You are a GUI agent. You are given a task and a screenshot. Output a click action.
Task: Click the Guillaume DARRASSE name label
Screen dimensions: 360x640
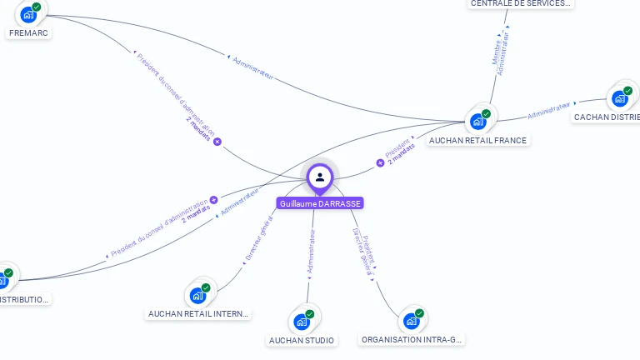320,203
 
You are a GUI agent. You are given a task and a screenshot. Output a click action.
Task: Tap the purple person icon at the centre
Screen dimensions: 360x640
320,177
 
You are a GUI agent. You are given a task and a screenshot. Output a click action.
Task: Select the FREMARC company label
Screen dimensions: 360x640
28,33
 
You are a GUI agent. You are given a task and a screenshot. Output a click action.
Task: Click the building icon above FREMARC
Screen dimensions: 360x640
29,14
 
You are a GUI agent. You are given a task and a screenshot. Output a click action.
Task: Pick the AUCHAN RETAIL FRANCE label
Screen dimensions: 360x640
477,141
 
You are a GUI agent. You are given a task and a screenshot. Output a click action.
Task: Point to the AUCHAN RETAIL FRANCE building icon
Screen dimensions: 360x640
478,121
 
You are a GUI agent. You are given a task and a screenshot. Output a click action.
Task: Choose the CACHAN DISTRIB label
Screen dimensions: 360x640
607,117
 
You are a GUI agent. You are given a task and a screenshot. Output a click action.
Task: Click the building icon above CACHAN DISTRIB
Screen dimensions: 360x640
620,98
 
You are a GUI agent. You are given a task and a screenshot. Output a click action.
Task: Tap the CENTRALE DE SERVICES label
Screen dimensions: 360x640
521,3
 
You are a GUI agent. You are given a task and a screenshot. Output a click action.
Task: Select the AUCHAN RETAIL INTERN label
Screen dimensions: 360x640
198,314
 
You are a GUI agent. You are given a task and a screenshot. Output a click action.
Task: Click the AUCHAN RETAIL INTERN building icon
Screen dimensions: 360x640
197,295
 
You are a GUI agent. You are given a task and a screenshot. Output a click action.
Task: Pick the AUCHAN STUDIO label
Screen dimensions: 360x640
302,340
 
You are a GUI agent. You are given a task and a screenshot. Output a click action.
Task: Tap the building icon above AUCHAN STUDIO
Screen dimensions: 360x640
302,321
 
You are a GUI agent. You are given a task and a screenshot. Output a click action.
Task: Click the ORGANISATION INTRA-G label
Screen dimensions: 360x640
412,340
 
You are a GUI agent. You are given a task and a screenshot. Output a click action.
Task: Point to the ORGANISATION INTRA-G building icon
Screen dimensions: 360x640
411,320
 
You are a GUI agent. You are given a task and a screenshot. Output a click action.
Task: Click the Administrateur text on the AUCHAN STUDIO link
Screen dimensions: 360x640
312,252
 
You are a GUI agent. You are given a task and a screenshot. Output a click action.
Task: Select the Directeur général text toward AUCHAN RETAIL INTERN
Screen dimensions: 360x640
259,238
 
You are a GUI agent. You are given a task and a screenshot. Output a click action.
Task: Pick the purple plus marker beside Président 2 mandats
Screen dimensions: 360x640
380,162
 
